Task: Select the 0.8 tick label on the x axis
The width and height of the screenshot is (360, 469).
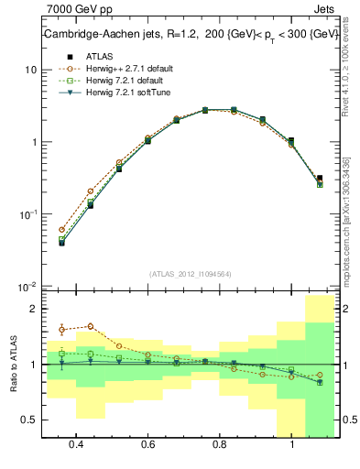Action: (220, 444)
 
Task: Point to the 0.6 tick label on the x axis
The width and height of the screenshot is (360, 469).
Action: (147, 444)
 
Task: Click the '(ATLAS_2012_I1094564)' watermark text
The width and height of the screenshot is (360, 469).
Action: (190, 273)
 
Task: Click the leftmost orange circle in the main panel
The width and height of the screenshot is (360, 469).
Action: (61, 230)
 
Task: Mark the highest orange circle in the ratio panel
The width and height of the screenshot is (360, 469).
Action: (90, 326)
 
